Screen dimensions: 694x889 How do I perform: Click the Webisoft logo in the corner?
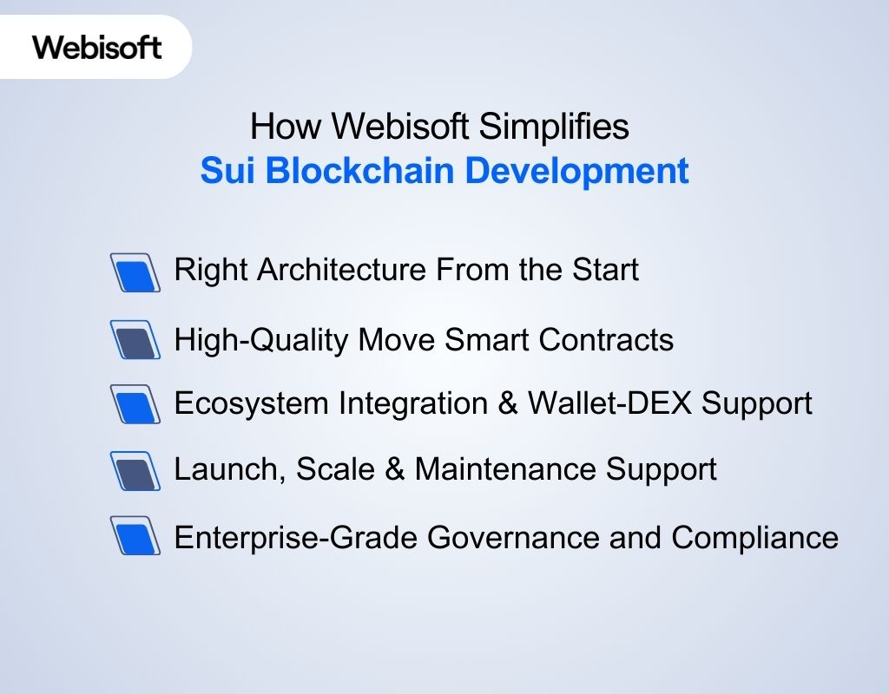97,46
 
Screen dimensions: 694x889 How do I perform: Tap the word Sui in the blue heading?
226,171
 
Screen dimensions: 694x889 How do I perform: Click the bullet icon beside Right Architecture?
135,272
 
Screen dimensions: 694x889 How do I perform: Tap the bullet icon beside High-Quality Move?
135,340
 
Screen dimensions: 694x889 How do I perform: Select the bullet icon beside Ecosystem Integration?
135,404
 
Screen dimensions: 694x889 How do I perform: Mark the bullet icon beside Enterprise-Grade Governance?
135,537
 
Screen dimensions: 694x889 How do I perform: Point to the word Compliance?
754,538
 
